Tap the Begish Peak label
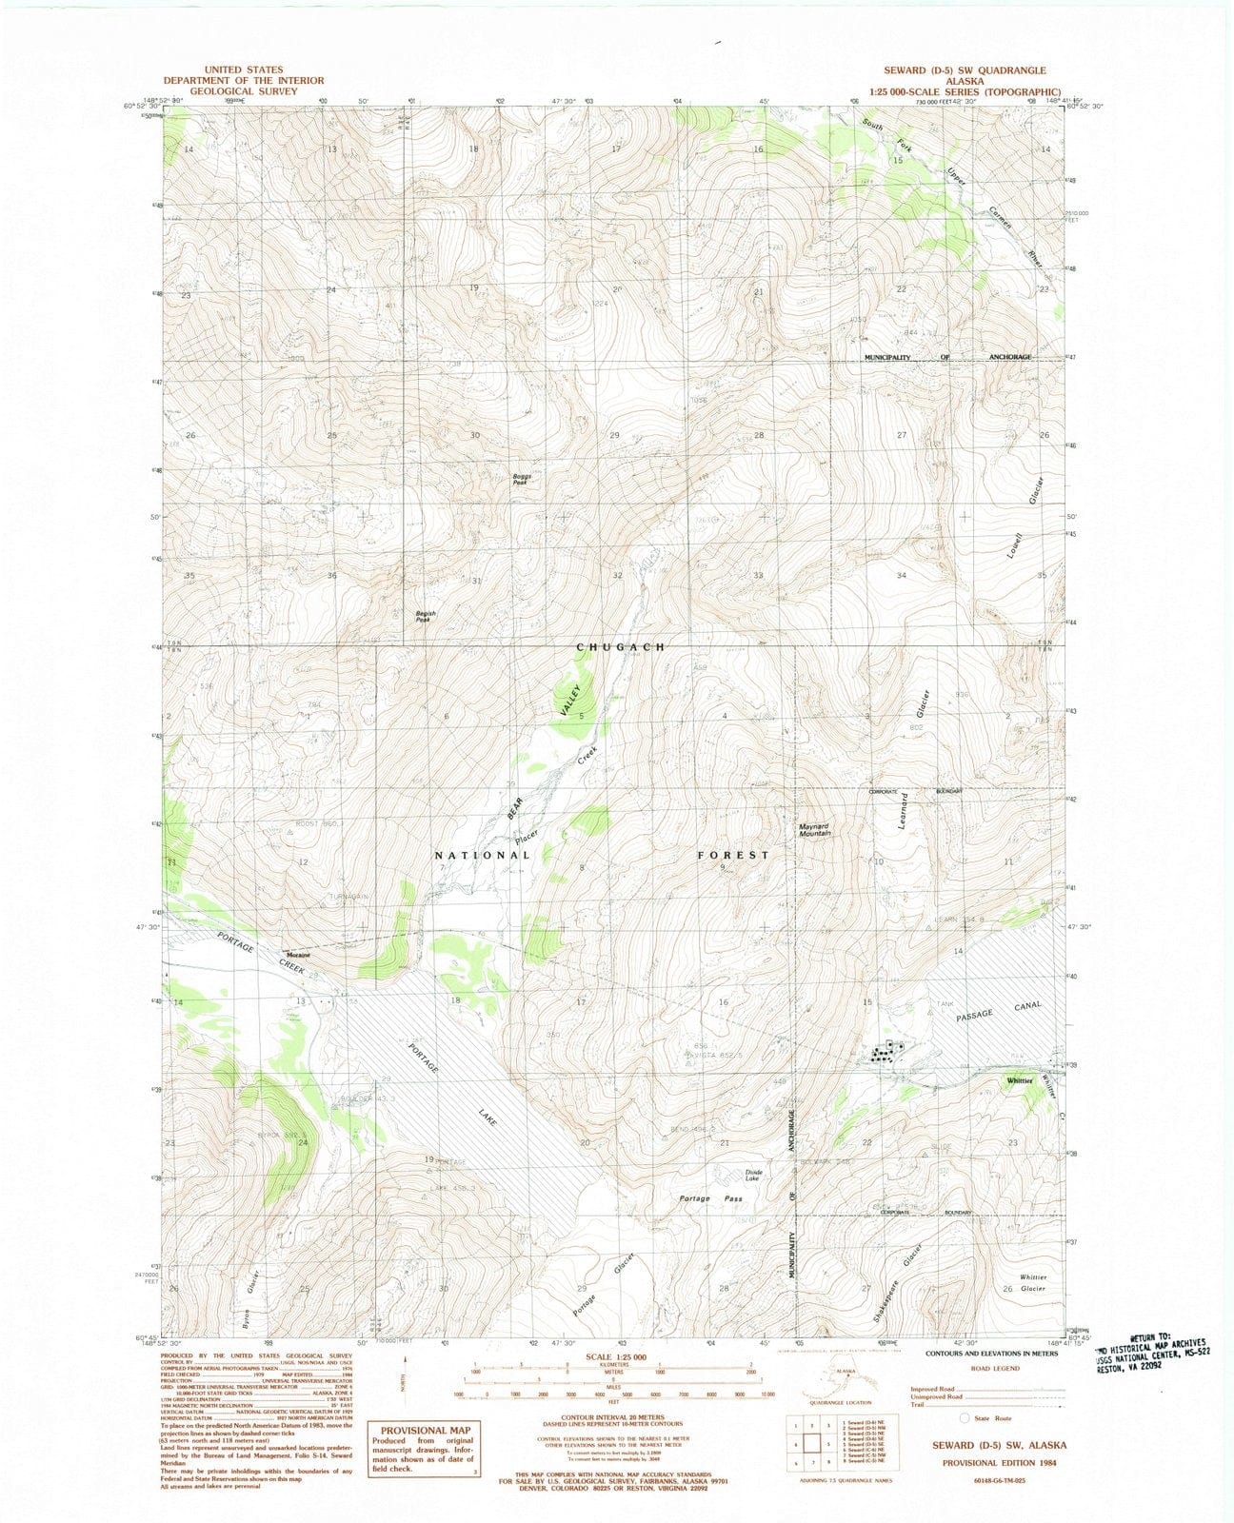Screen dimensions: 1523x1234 (x=425, y=617)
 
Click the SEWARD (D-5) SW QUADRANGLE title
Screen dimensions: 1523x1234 (x=965, y=70)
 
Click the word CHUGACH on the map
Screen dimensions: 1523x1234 (x=620, y=647)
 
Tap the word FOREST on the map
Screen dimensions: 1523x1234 (x=732, y=855)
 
